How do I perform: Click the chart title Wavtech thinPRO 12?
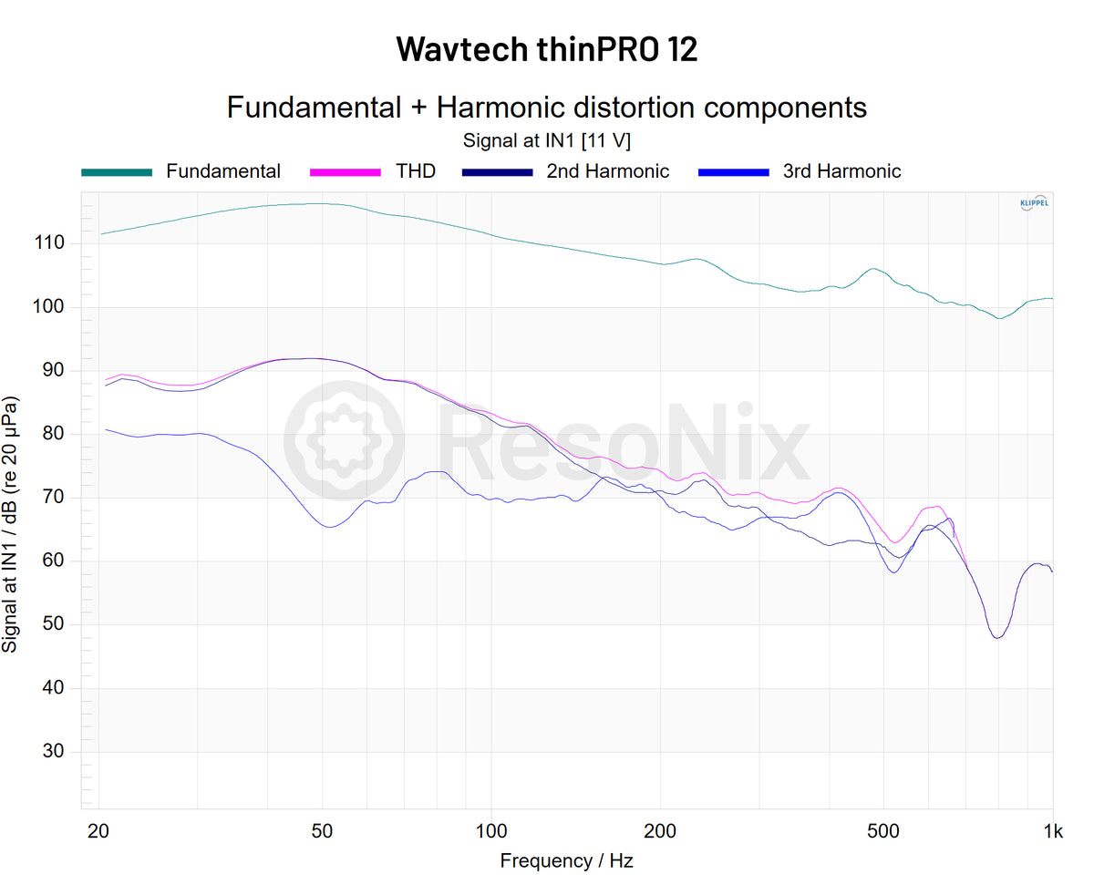click(x=547, y=48)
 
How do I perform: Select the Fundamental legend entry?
click(x=222, y=171)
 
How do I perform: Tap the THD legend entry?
click(x=415, y=171)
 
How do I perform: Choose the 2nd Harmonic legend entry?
click(x=607, y=171)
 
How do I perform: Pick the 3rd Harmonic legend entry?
click(x=841, y=171)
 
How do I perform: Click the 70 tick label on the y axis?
click(x=54, y=498)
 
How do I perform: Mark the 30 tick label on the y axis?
click(x=54, y=752)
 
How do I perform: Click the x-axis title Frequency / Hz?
click(x=566, y=860)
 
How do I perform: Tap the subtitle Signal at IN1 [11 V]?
click(x=547, y=141)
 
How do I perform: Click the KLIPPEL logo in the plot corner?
click(x=1033, y=203)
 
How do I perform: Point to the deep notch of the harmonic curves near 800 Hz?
click(x=998, y=636)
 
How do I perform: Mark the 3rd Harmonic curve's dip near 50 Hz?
click(x=329, y=527)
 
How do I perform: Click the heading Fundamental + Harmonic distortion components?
click(x=547, y=108)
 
